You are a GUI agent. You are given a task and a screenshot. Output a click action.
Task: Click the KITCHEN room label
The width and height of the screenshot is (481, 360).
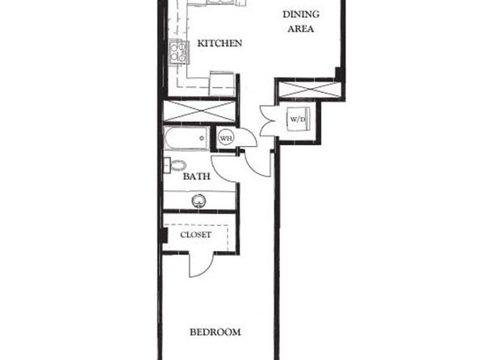[220, 44]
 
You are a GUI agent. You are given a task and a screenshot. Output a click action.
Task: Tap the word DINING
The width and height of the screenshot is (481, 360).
[301, 14]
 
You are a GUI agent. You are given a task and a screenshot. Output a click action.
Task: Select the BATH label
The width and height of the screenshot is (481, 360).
[197, 177]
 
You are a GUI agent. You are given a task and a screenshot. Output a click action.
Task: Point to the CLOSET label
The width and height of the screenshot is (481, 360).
[196, 235]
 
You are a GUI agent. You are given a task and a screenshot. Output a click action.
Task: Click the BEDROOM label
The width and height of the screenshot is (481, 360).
[215, 332]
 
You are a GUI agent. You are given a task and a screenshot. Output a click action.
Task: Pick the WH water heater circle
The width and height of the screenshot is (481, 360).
[227, 138]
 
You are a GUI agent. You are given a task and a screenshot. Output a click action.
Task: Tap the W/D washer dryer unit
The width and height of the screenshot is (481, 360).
[298, 119]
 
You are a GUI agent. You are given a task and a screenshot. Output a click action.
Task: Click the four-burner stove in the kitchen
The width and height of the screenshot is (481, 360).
[178, 52]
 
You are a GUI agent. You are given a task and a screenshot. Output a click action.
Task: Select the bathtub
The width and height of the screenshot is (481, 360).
[186, 138]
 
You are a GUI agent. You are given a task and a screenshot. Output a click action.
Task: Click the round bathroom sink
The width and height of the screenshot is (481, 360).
[199, 201]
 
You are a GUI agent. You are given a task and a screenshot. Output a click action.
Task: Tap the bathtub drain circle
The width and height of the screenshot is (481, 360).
[202, 138]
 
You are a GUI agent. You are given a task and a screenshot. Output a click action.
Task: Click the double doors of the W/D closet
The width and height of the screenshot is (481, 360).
[268, 120]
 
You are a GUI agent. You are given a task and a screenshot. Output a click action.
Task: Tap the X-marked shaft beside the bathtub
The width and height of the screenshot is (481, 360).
[199, 111]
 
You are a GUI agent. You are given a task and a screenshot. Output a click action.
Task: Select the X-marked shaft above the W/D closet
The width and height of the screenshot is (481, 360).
[310, 90]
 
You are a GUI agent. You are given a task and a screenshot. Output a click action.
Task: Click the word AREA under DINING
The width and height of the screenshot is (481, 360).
[301, 29]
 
